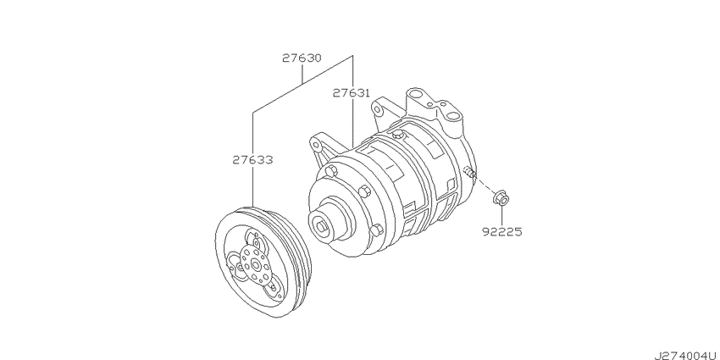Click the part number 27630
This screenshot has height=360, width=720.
click(x=302, y=58)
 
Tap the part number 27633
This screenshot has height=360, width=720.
click(x=253, y=158)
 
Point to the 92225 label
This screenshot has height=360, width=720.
click(x=503, y=229)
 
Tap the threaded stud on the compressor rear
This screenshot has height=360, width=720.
click(x=468, y=174)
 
